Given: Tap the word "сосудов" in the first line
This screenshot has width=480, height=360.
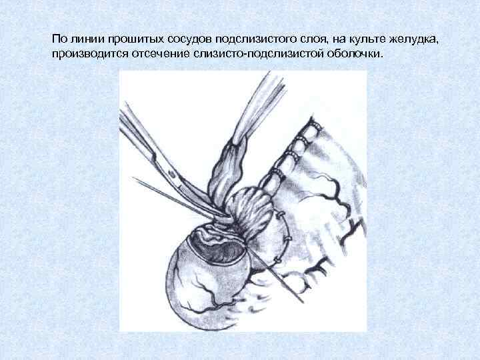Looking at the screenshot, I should coord(189,39).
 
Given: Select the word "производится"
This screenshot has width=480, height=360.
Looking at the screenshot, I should coord(85,53).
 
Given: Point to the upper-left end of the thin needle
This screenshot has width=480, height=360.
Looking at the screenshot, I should coord(135,179).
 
